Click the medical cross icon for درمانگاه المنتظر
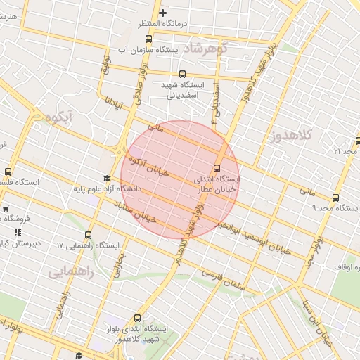pyautogui.click(x=163, y=13)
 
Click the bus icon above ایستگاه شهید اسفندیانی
pyautogui.click(x=183, y=74)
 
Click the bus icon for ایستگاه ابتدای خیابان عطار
pyautogui.click(x=217, y=168)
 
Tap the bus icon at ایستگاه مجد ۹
pyautogui.click(x=335, y=198)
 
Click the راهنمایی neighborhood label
pyautogui.click(x=71, y=271)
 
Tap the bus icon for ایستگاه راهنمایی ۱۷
pyautogui.click(x=88, y=236)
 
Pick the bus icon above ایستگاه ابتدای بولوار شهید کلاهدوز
pyautogui.click(x=137, y=318)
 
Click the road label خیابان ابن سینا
pyautogui.click(x=316, y=323)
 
